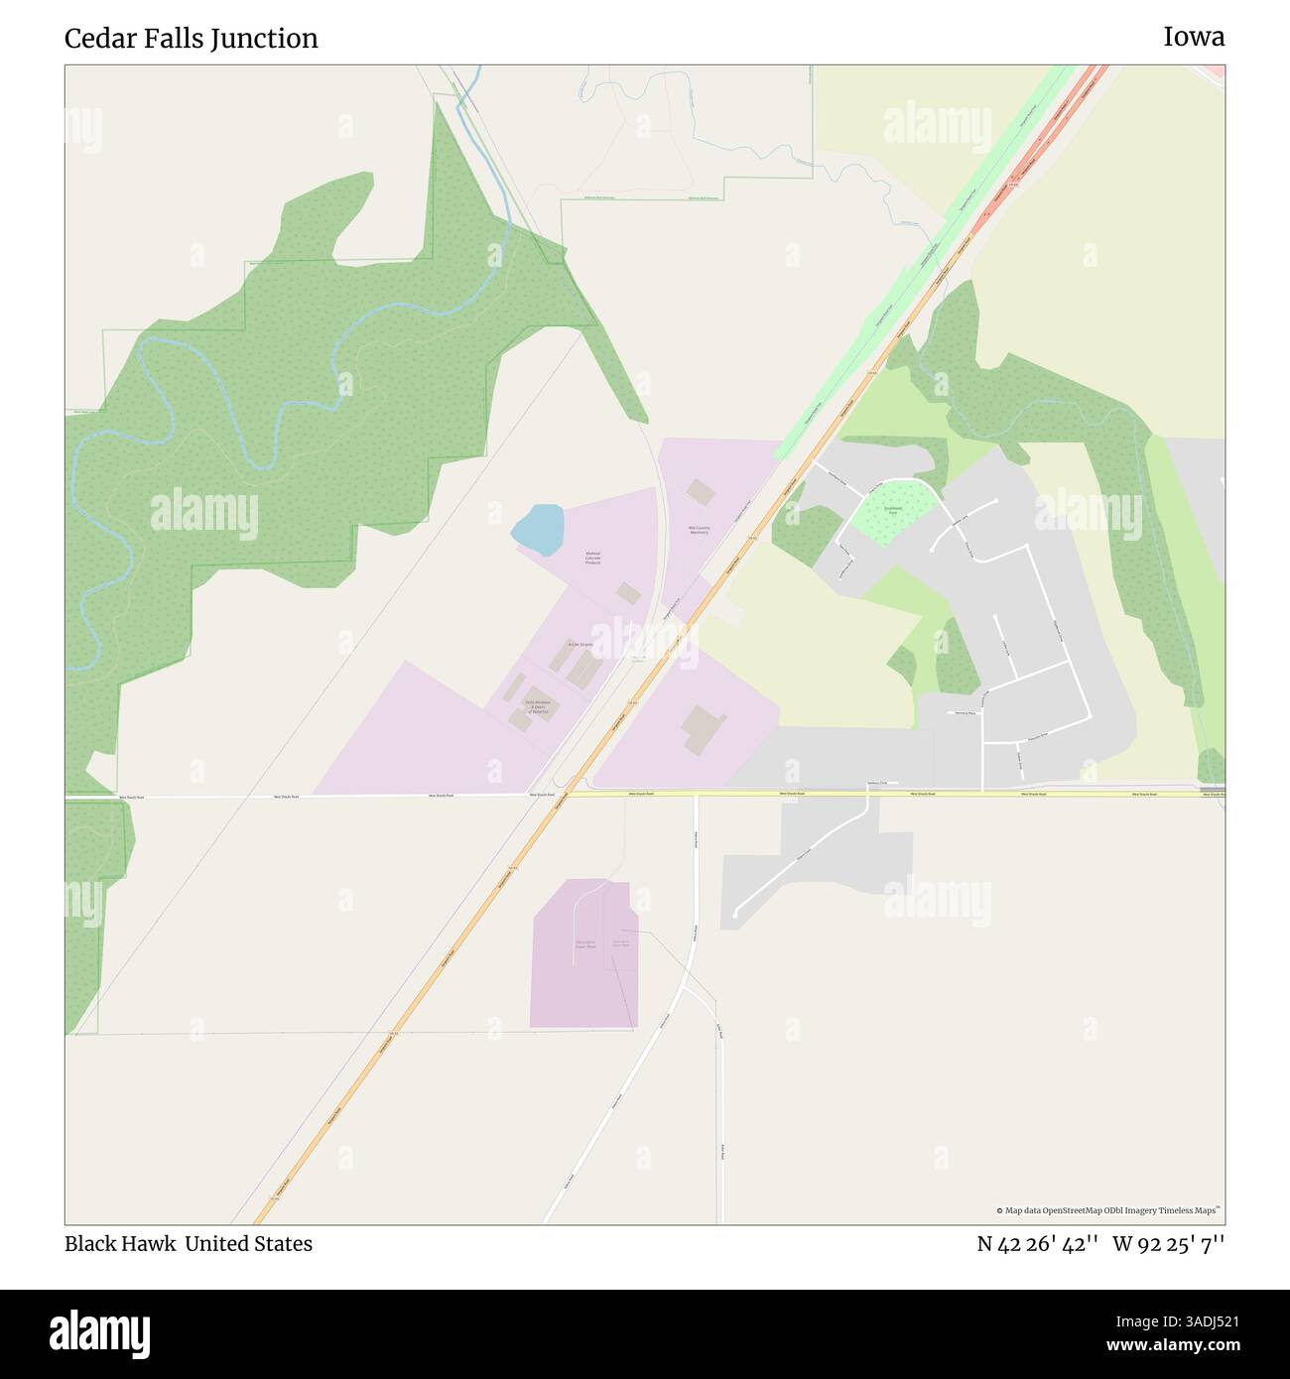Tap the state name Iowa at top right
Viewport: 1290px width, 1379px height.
tap(1194, 38)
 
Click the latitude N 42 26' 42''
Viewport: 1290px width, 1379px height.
tap(1037, 1244)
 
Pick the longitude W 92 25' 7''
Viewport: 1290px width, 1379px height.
tap(1169, 1244)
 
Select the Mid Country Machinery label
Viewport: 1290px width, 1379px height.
tap(699, 530)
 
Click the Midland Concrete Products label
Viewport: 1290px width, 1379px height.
tap(592, 559)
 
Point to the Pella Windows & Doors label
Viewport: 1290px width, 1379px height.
tap(537, 705)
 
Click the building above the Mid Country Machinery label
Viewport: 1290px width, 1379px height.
tap(701, 491)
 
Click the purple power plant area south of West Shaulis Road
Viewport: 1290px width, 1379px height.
tap(583, 952)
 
